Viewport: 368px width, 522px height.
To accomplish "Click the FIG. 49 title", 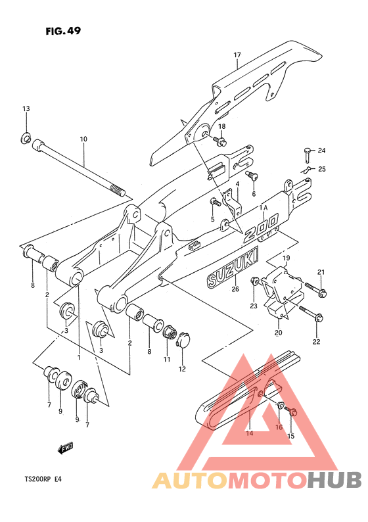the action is click(63, 31).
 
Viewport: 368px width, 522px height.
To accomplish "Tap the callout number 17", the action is click(237, 55).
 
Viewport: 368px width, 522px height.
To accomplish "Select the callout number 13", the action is click(26, 108).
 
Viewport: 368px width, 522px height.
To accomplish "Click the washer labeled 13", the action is click(25, 137).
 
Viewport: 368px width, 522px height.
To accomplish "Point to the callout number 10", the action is click(83, 139).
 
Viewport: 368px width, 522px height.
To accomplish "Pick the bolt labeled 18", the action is click(220, 141).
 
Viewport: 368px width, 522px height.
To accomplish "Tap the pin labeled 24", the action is click(308, 154).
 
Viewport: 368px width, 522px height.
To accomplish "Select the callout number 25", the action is click(322, 169).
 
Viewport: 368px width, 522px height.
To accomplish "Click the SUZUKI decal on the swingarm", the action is click(232, 266).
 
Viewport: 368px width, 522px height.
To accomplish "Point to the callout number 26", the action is click(235, 289).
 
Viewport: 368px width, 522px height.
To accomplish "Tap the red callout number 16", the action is click(279, 427).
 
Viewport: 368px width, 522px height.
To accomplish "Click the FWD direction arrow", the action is click(66, 448).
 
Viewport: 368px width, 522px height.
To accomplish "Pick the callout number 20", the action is click(279, 332).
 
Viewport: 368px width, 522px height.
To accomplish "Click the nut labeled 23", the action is click(255, 281).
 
